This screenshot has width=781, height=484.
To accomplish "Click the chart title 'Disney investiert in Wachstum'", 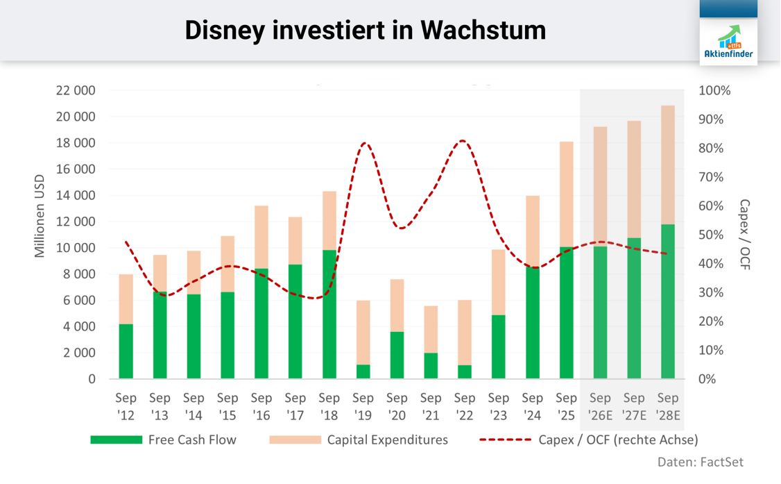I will pos(365,30).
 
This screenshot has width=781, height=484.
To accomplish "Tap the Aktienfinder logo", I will pos(728,42).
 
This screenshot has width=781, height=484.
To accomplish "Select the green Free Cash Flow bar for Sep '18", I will pos(329,314).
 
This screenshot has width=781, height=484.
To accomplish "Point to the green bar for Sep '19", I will pos(363,372).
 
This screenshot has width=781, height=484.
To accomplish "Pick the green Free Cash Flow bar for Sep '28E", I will pos(668,301).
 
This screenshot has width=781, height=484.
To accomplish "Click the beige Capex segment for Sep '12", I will pos(126,299).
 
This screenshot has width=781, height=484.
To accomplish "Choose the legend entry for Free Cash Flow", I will pos(164,440).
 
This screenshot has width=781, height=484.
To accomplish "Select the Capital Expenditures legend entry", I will pos(359,440).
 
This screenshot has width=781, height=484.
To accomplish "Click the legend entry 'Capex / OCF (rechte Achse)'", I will pos(589,440).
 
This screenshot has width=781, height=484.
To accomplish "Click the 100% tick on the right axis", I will pos(714,90).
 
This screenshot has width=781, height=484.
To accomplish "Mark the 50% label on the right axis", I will pos(711,235).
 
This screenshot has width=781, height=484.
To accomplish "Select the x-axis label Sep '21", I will pos(431,406).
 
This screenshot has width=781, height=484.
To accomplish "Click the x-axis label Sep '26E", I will pos(600,406).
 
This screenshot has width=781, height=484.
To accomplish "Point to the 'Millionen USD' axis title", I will pos(40,215).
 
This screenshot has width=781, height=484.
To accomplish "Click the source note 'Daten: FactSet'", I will pos(700,462).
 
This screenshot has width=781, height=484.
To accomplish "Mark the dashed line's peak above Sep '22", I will pos(463,141).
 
